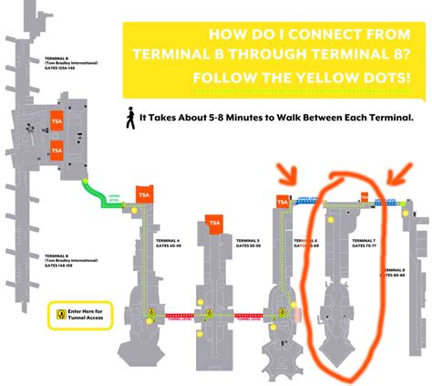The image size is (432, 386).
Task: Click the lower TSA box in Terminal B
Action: pyautogui.click(x=57, y=150)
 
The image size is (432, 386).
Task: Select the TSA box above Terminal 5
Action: pyautogui.click(x=216, y=226)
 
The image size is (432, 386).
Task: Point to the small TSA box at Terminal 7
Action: pyautogui.click(x=365, y=197)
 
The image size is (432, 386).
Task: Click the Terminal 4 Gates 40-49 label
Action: pyautogui.click(x=167, y=243)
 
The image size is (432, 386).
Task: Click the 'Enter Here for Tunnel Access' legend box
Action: pyautogui.click(x=80, y=315)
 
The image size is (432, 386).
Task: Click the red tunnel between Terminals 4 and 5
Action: pyautogui.click(x=199, y=315)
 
